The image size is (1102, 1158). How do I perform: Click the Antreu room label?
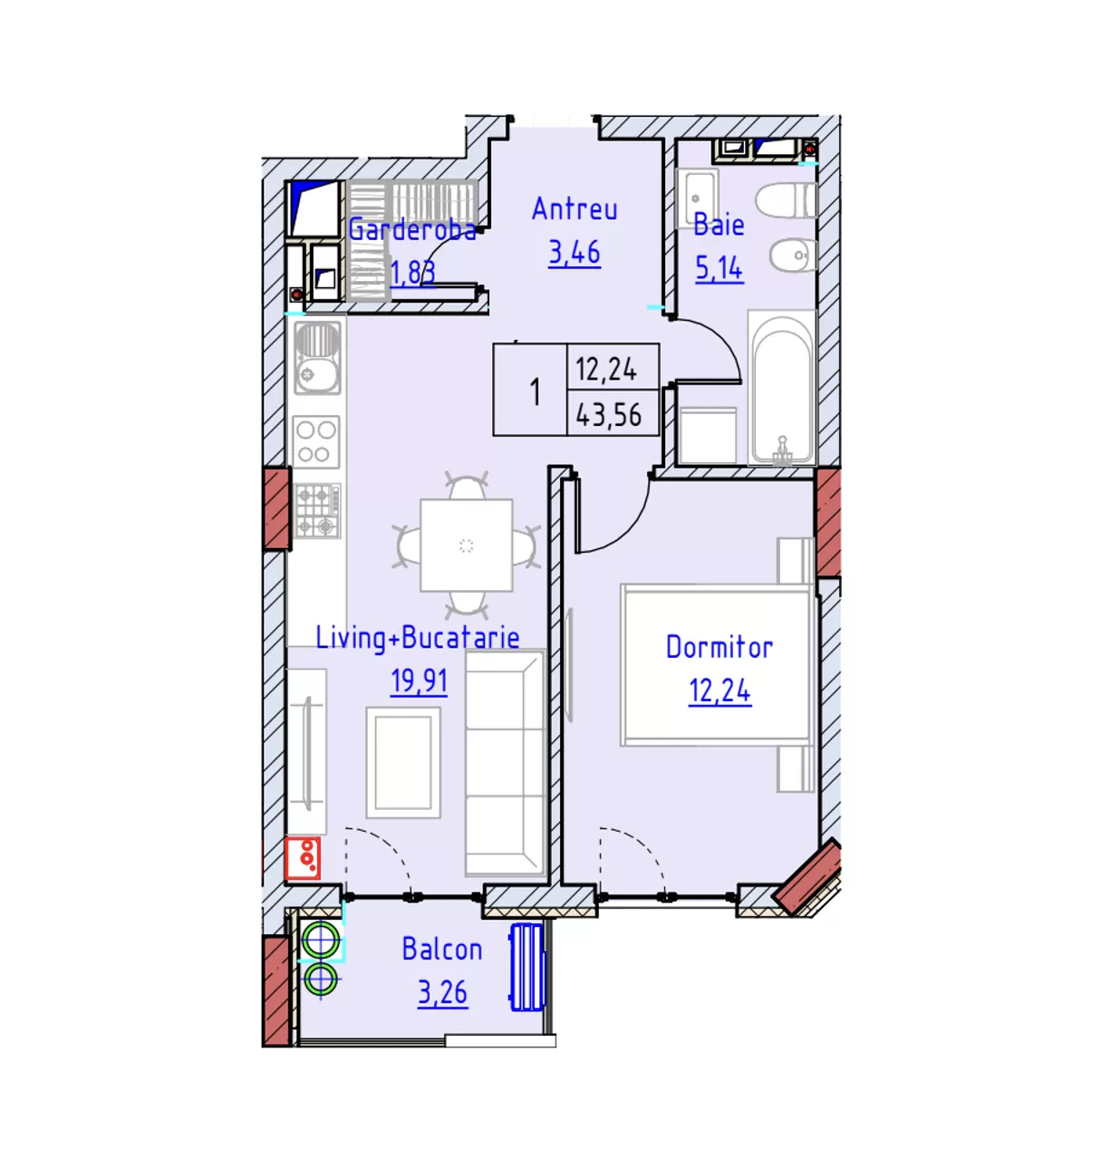(x=574, y=209)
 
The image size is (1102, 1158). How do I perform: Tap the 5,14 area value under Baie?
(x=719, y=268)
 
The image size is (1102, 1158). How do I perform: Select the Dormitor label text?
(x=719, y=647)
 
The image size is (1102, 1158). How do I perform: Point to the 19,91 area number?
(x=419, y=681)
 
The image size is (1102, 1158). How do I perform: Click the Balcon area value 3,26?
(x=442, y=993)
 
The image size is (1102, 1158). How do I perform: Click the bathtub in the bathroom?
(x=781, y=387)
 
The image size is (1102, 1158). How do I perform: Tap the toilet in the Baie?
(x=786, y=200)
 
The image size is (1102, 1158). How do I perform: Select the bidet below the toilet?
(x=793, y=256)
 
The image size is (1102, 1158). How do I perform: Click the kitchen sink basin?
(x=317, y=357)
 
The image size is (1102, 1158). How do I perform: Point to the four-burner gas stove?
(x=317, y=510)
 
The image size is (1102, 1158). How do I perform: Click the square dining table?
(x=466, y=545)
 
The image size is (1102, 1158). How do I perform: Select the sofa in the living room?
(x=506, y=763)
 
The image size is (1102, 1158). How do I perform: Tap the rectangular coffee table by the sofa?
(x=403, y=762)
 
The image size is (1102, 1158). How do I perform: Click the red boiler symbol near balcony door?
(x=303, y=858)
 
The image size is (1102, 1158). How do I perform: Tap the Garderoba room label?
(x=412, y=230)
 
